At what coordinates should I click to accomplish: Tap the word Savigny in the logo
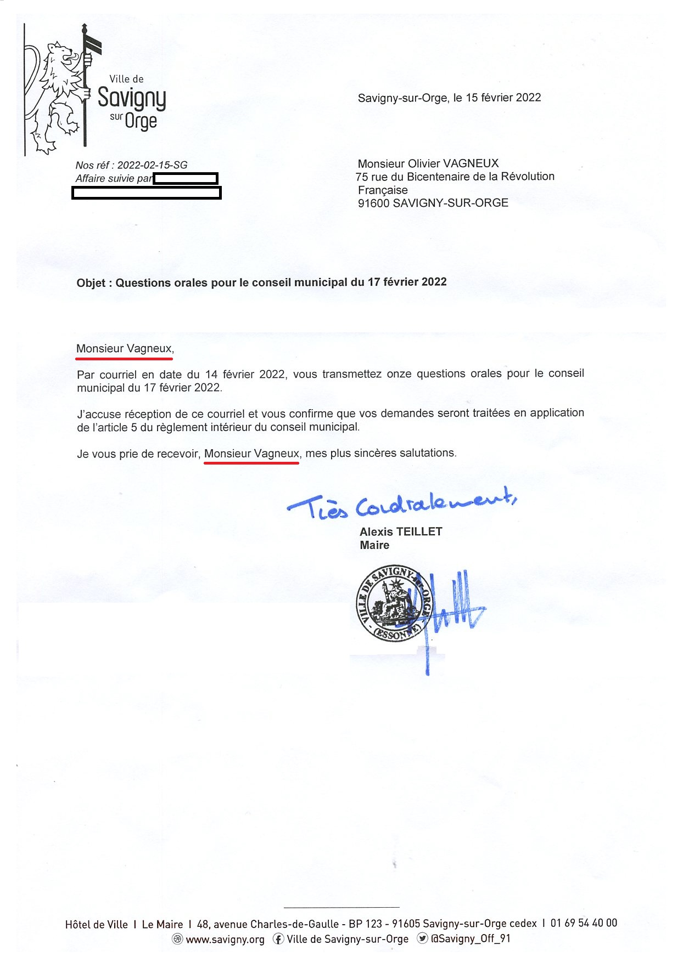click(132, 99)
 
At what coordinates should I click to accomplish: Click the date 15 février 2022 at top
click(503, 98)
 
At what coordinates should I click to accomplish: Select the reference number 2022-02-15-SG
click(152, 165)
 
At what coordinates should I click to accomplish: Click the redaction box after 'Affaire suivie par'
click(186, 178)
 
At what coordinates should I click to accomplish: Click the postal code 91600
click(373, 203)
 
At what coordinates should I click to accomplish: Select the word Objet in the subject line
click(91, 283)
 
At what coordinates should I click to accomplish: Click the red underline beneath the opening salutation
click(124, 358)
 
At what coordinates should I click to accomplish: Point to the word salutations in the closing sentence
click(427, 453)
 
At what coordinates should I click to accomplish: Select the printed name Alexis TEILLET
click(401, 531)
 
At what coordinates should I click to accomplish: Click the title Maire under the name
click(374, 545)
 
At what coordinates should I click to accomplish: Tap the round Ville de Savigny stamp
click(394, 603)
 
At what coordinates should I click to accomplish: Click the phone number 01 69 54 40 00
click(584, 923)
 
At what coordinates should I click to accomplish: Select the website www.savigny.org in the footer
click(225, 940)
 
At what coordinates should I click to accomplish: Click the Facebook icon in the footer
click(279, 939)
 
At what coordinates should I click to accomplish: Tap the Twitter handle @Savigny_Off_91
click(471, 938)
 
